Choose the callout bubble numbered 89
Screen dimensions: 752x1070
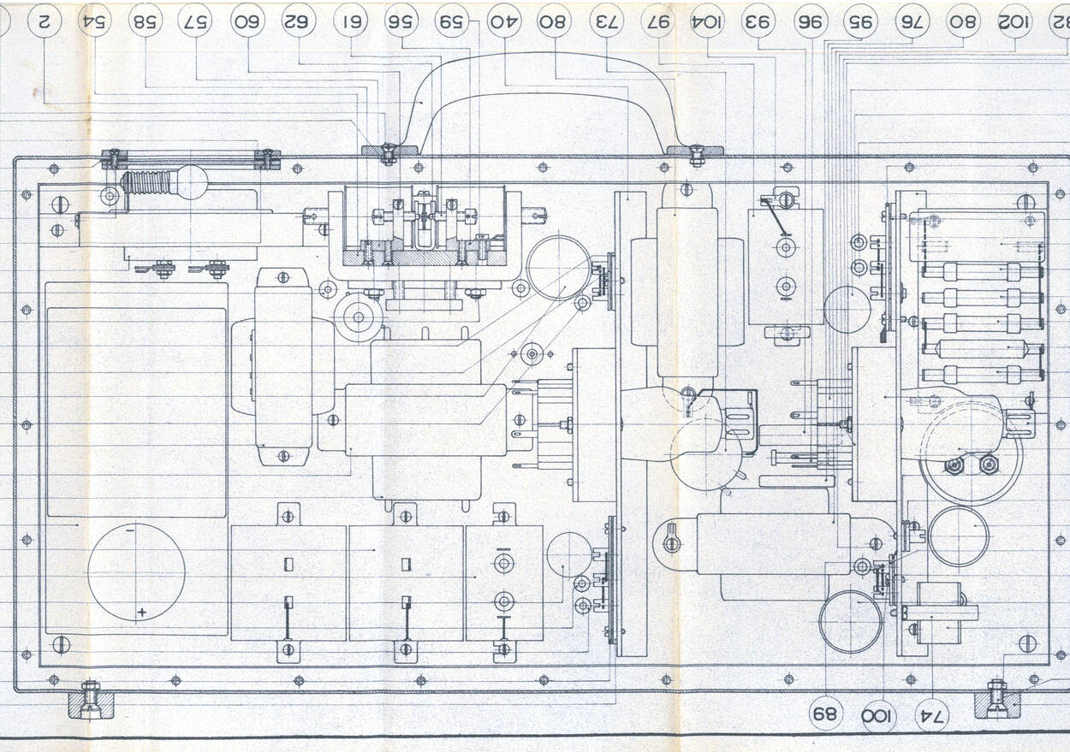826,714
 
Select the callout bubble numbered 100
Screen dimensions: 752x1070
879,715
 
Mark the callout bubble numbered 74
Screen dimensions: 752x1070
932,715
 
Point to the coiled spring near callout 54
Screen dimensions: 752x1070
150,183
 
